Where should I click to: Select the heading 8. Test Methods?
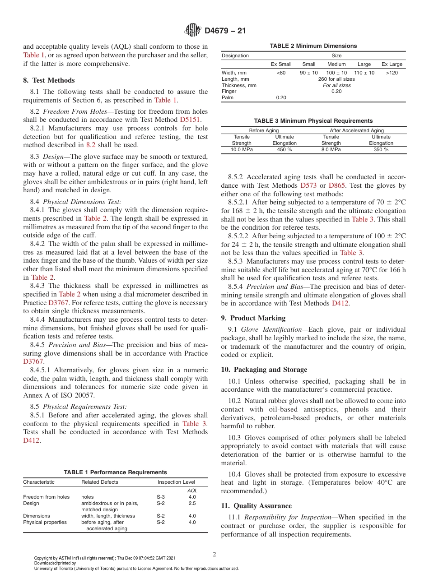(x=49, y=80)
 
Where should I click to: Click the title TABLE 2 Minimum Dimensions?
(x=313, y=46)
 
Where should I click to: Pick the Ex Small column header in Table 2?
(x=281, y=64)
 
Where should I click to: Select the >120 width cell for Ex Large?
(x=392, y=73)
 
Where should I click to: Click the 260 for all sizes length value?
(x=336, y=79)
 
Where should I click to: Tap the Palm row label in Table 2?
(x=228, y=97)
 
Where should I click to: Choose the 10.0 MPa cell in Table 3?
(x=242, y=149)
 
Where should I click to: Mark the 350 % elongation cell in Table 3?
(x=381, y=149)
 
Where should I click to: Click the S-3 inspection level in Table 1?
(x=161, y=497)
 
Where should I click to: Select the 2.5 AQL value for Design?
(x=192, y=503)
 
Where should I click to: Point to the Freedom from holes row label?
(x=47, y=497)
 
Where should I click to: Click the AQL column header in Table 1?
(x=192, y=491)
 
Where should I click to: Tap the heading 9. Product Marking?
(x=253, y=318)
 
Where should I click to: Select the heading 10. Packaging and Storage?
(x=264, y=370)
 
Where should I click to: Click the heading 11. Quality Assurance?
(x=256, y=506)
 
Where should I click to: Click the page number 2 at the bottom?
(x=214, y=555)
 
